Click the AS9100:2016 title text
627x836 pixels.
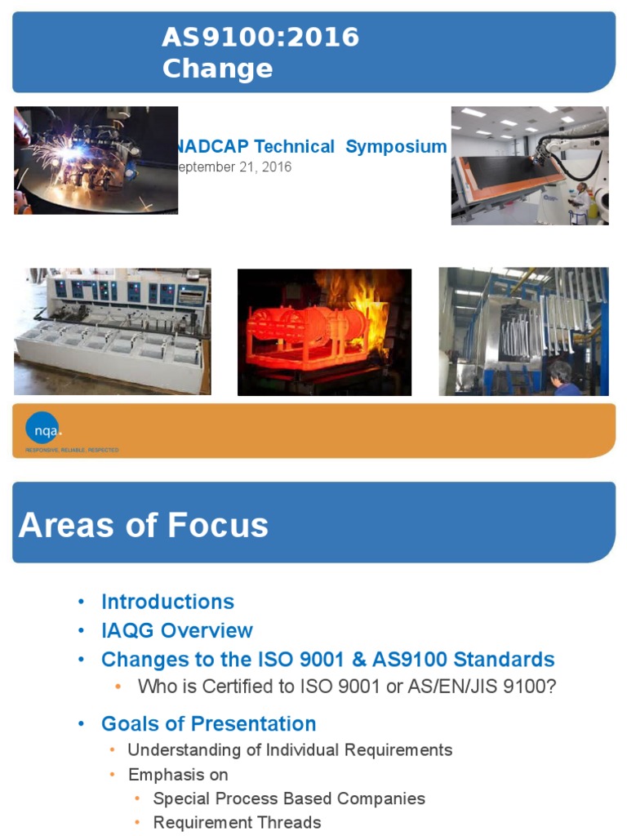260,38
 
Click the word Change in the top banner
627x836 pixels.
217,69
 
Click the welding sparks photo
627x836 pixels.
96,160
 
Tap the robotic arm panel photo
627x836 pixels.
529,165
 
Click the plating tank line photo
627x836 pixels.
112,331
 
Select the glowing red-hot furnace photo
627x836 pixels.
324,332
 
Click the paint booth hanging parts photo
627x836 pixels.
522,331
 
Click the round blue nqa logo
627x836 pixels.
42,429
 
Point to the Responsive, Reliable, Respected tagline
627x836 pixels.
72,451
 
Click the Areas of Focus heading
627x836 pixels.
144,525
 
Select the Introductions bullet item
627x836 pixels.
167,602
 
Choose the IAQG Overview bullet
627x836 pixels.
176,630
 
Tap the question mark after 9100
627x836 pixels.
550,687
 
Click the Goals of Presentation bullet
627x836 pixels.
208,724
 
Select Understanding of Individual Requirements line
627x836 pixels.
290,749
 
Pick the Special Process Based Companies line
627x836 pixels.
289,798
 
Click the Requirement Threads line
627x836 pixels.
237,822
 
